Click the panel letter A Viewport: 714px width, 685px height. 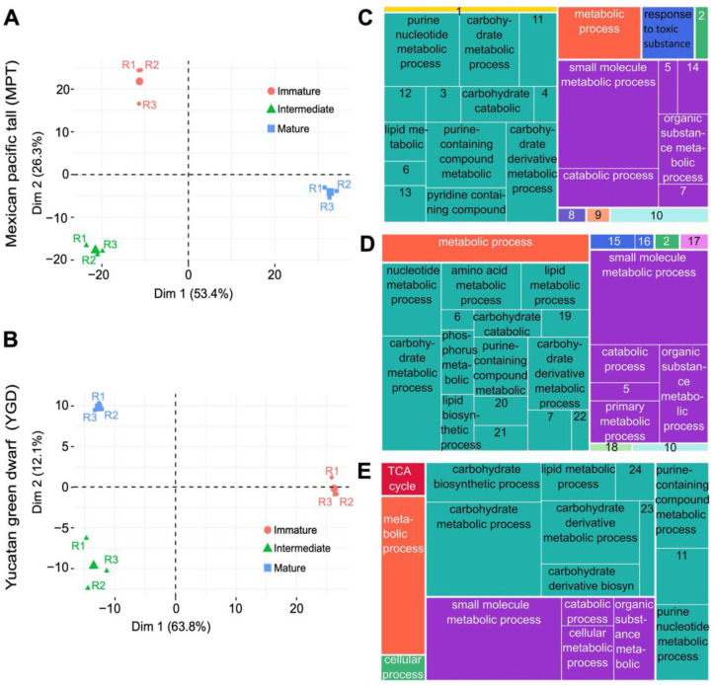point(12,18)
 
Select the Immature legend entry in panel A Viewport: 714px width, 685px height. point(293,91)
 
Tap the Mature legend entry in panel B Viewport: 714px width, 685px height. point(284,568)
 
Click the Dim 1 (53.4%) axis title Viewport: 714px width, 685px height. point(194,293)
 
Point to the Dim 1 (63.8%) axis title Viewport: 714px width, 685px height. point(171,627)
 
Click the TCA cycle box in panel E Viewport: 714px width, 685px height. point(403,479)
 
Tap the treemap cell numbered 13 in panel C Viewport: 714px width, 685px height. point(405,203)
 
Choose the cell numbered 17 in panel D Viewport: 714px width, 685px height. point(694,241)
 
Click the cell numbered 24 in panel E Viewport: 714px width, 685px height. point(635,482)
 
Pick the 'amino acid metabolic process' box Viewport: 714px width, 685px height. point(481,286)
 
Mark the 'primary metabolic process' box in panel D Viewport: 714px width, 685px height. point(624,421)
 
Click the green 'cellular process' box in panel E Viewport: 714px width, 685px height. point(403,667)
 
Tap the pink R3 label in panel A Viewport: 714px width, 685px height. point(149,106)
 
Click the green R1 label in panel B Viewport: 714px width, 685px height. point(78,545)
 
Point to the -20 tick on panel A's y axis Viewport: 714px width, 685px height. point(58,260)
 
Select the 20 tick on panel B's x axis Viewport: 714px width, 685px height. point(296,609)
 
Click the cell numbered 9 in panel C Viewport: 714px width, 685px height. point(598,215)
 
